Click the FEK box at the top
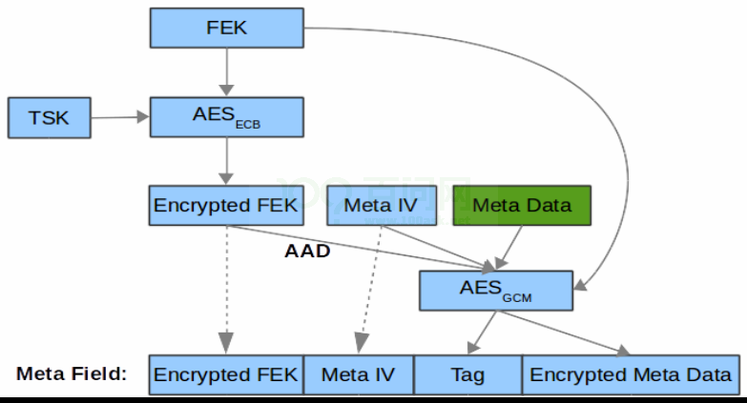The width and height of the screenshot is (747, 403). pos(227,28)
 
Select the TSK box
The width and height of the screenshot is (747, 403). pos(49,118)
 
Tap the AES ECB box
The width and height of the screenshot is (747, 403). pos(227,117)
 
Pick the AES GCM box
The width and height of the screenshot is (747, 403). pos(496,291)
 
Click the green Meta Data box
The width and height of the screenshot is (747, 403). pos(522,206)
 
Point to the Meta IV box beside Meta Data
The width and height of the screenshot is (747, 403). pos(382,206)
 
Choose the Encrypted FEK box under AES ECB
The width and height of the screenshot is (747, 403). pos(226,206)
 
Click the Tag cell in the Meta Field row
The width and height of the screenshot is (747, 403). pos(468,375)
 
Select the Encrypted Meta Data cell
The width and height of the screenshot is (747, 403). pos(632,375)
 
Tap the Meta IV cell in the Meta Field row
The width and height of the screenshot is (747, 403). pos(359,375)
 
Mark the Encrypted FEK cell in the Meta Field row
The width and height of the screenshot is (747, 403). pos(226,375)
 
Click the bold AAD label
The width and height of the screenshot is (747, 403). pos(307,251)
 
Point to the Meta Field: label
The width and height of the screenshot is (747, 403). pos(72,374)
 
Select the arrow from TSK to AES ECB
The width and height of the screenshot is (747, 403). pos(120,117)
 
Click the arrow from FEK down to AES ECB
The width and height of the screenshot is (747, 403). pos(227,71)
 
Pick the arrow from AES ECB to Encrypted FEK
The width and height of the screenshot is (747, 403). pos(227,161)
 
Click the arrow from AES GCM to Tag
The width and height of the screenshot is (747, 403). pos(482,332)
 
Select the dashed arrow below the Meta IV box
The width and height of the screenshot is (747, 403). pos(371,290)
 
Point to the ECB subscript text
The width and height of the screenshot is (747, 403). pos(248,125)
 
